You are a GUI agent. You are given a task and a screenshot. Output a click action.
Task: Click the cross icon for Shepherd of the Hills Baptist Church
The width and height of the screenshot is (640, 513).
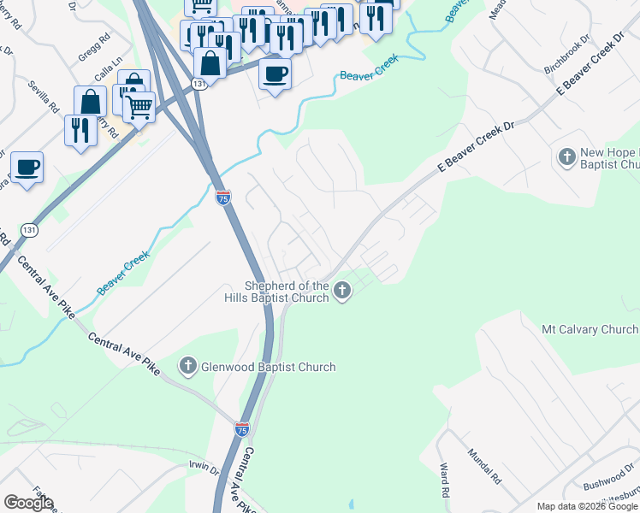[342, 292]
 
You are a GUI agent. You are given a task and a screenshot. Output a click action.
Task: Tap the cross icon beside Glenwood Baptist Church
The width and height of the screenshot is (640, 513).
[188, 367]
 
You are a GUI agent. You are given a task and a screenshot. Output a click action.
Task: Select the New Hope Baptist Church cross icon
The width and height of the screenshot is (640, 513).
[566, 157]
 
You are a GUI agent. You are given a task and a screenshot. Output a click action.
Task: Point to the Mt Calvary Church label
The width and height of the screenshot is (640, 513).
[590, 329]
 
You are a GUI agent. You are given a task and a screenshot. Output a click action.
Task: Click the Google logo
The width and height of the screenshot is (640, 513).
[28, 503]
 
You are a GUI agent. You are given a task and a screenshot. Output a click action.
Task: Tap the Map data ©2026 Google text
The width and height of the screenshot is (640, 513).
[587, 506]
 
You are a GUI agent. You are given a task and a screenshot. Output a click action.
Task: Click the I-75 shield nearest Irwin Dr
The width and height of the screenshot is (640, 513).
[242, 431]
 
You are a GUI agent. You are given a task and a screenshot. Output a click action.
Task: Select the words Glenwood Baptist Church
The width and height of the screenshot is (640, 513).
[268, 367]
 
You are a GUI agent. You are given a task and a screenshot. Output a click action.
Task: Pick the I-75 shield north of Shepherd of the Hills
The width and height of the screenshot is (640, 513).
[222, 198]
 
